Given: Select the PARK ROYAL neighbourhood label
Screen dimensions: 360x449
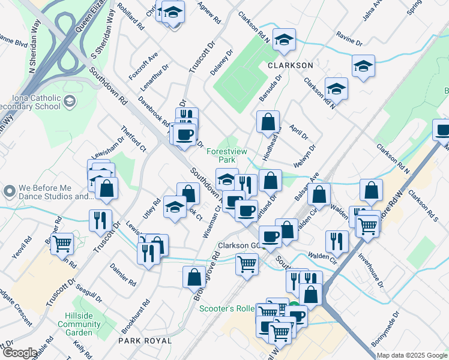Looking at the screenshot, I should click(145, 340).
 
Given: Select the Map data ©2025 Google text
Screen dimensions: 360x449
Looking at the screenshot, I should click(412, 355).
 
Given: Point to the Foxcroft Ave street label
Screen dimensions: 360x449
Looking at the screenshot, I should click(143, 66).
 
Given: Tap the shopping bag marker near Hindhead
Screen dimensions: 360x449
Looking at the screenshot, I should click(268, 121).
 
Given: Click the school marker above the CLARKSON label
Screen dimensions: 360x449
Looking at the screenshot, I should click(284, 39).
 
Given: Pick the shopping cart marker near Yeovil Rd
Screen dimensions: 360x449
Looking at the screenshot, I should click(62, 244).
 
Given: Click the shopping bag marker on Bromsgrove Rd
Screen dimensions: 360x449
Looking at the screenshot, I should click(194, 277).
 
